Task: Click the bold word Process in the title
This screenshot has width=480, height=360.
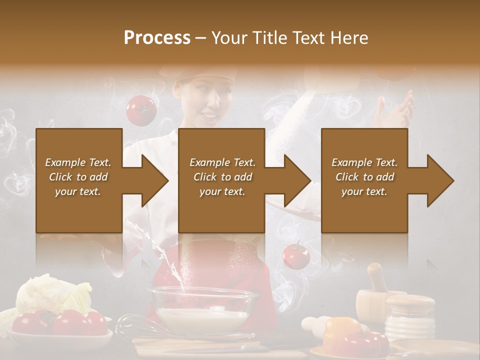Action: pos(157,37)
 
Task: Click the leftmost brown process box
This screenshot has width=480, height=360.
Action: pos(79,180)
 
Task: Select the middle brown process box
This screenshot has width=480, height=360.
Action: pos(221,180)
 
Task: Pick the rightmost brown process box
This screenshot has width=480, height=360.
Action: pos(364,180)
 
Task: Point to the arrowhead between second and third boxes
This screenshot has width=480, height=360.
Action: pos(292,180)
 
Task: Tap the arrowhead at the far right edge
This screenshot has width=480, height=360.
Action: pos(435,180)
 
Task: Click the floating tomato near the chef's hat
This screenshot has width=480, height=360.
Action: pos(141,110)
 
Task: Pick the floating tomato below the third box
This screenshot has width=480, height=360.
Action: pos(296,256)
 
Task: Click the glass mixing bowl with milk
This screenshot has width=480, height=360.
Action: pos(202,310)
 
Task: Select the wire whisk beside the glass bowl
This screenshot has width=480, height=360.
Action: pos(135,327)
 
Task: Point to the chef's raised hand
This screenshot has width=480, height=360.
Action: pos(397,110)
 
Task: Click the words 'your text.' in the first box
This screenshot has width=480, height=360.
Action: pos(78,191)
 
